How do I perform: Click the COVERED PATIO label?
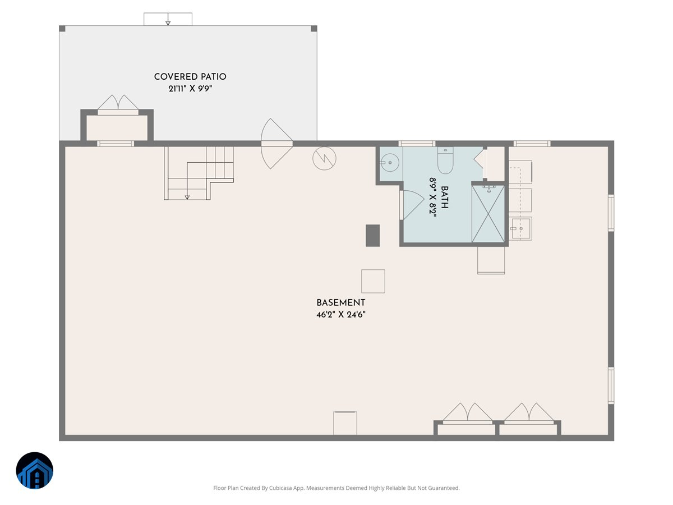click(190, 77)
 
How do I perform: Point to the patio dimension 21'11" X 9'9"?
click(190, 88)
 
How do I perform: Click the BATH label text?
click(445, 198)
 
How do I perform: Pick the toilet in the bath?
click(445, 161)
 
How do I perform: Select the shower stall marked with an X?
click(488, 214)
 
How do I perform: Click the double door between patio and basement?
click(276, 144)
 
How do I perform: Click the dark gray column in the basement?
click(372, 235)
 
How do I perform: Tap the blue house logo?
click(34, 471)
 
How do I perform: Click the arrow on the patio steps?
click(168, 22)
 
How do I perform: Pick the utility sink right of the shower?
click(520, 229)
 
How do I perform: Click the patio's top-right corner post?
click(314, 29)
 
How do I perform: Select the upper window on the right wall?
click(611, 213)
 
